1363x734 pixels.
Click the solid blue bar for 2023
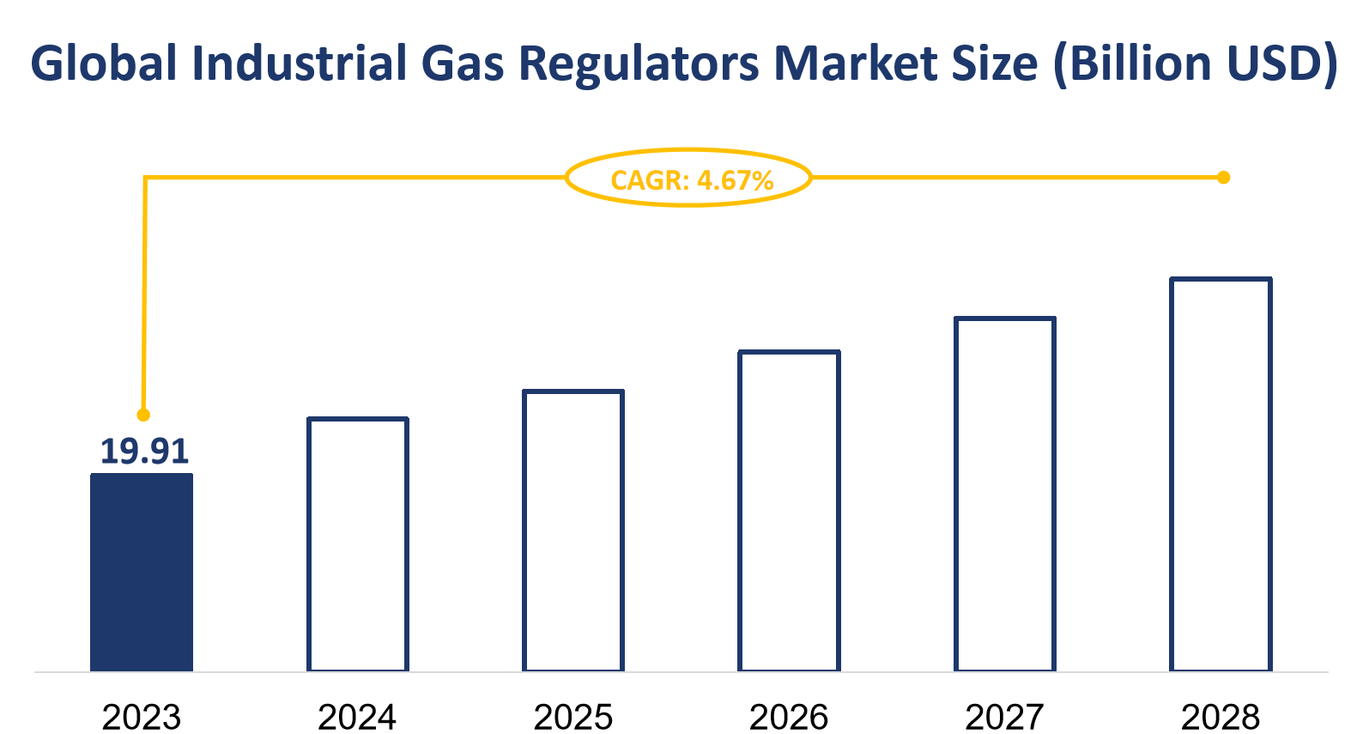pos(142,573)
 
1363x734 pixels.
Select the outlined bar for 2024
pos(357,544)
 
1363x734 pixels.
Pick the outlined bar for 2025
pos(573,531)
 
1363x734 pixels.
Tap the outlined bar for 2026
pos(789,511)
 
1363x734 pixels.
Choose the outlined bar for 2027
pos(1005,494)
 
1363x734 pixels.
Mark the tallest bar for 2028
pos(1221,474)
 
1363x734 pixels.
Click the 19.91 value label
pos(143,452)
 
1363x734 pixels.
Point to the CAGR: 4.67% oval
pos(689,178)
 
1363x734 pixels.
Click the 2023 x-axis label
pos(142,717)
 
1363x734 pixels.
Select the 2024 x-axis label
pos(357,717)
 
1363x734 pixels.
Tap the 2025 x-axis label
pos(573,717)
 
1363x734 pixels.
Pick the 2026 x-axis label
pos(789,717)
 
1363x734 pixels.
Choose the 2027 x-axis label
pos(1005,717)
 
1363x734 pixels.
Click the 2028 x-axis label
pos(1221,717)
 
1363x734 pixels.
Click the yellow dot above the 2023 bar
pos(143,415)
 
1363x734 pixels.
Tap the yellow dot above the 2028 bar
pos(1224,178)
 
